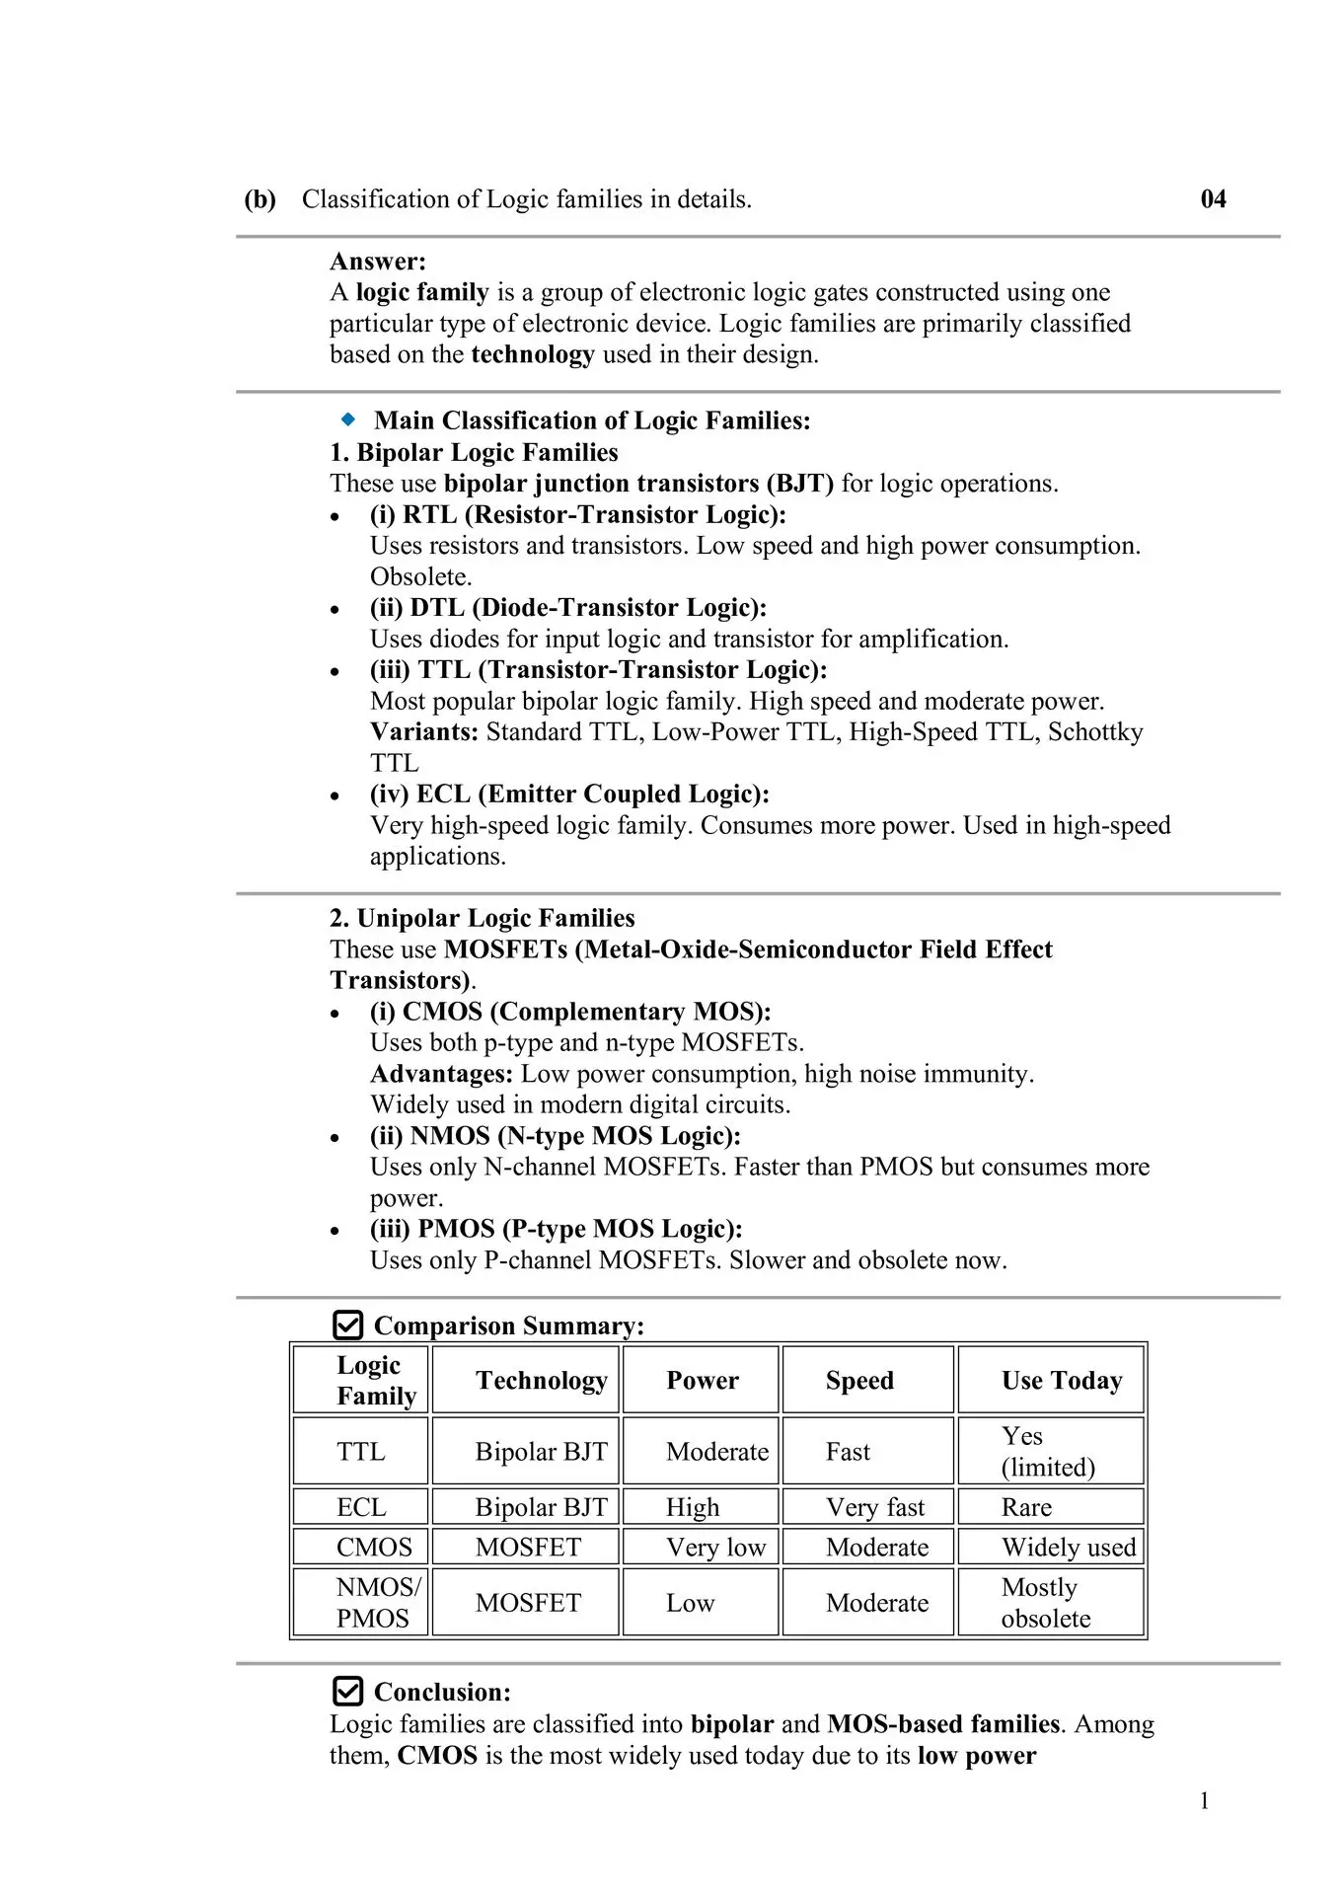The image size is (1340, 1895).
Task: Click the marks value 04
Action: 1213,199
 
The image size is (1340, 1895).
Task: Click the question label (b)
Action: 260,199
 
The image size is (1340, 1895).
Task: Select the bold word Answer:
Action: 378,262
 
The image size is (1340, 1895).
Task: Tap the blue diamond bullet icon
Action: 347,419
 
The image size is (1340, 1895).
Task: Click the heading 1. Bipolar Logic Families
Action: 474,452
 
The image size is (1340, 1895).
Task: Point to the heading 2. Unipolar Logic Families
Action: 482,918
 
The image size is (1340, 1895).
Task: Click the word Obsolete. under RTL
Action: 421,576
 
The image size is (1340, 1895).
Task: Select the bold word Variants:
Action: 424,731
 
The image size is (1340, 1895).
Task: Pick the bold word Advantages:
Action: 441,1074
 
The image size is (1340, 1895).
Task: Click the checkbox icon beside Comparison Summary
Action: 347,1325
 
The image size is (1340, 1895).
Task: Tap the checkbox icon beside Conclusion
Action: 347,1692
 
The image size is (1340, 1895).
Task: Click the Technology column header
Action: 541,1380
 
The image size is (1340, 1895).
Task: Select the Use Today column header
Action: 1062,1380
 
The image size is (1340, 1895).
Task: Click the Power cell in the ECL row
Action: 693,1507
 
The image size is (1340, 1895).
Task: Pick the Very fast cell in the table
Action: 875,1507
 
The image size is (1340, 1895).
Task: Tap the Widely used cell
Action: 1069,1547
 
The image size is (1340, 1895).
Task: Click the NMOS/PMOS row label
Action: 377,1603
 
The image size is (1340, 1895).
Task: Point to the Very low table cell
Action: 715,1547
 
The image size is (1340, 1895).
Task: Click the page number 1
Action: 1204,1801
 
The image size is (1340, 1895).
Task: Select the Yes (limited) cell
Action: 1047,1451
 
